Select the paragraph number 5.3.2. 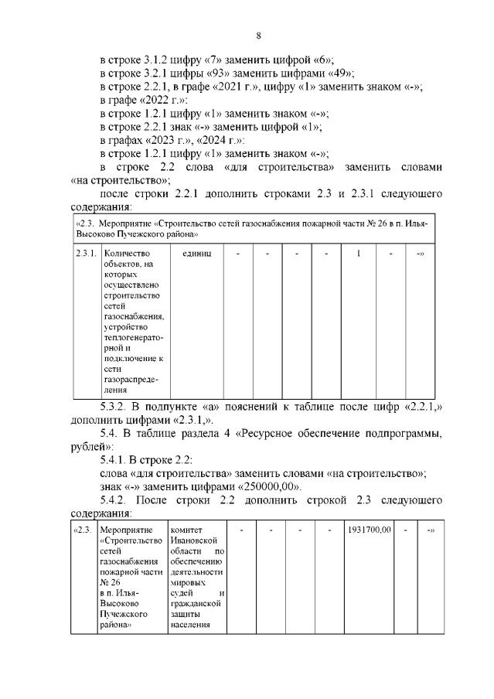pos(118,406)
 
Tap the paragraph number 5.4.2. pos(118,500)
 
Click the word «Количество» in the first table pos(127,253)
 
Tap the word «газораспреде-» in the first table pos(131,380)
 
